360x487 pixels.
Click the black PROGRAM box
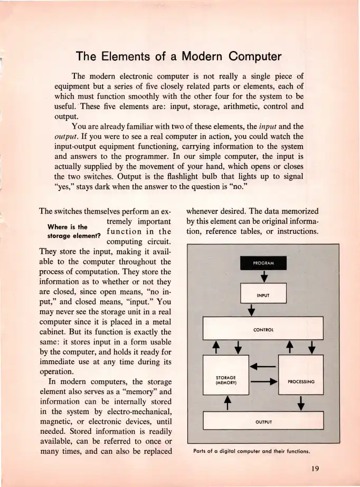point(263,263)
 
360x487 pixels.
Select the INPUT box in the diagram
point(263,294)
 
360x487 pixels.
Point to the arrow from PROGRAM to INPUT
point(263,276)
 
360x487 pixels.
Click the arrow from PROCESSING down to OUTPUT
point(301,404)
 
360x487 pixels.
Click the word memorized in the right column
point(299,209)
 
